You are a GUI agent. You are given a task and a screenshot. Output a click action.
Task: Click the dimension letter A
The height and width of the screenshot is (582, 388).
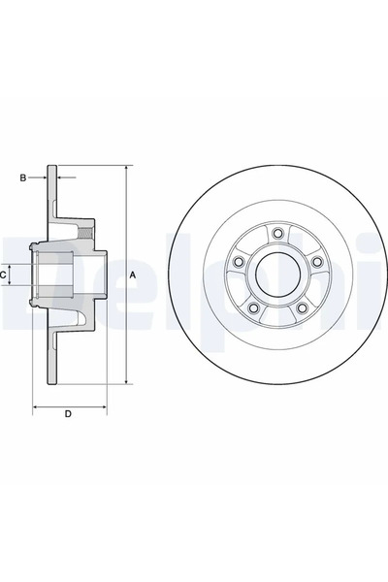133,275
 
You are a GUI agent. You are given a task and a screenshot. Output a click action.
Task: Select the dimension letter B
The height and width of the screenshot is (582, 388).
23,178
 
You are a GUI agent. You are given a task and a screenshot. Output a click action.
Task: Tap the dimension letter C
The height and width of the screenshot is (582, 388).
4,275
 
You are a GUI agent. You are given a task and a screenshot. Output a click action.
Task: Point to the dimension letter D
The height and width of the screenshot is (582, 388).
68,415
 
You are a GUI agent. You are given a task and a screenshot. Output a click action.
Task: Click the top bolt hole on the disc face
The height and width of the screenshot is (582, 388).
276,233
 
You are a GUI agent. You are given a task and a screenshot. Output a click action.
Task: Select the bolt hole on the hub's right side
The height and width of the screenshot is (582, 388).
316,262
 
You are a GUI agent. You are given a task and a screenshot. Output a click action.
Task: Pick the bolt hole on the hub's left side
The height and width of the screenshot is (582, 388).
238,262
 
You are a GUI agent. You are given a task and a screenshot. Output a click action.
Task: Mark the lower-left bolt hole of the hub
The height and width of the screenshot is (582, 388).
252,307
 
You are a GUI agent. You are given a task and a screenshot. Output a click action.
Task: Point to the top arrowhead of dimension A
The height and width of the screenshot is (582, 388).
126,169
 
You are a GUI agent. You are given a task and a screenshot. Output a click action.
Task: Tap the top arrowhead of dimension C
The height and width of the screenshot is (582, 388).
16,264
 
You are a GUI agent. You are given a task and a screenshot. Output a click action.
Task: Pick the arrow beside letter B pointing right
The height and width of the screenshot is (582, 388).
43,178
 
